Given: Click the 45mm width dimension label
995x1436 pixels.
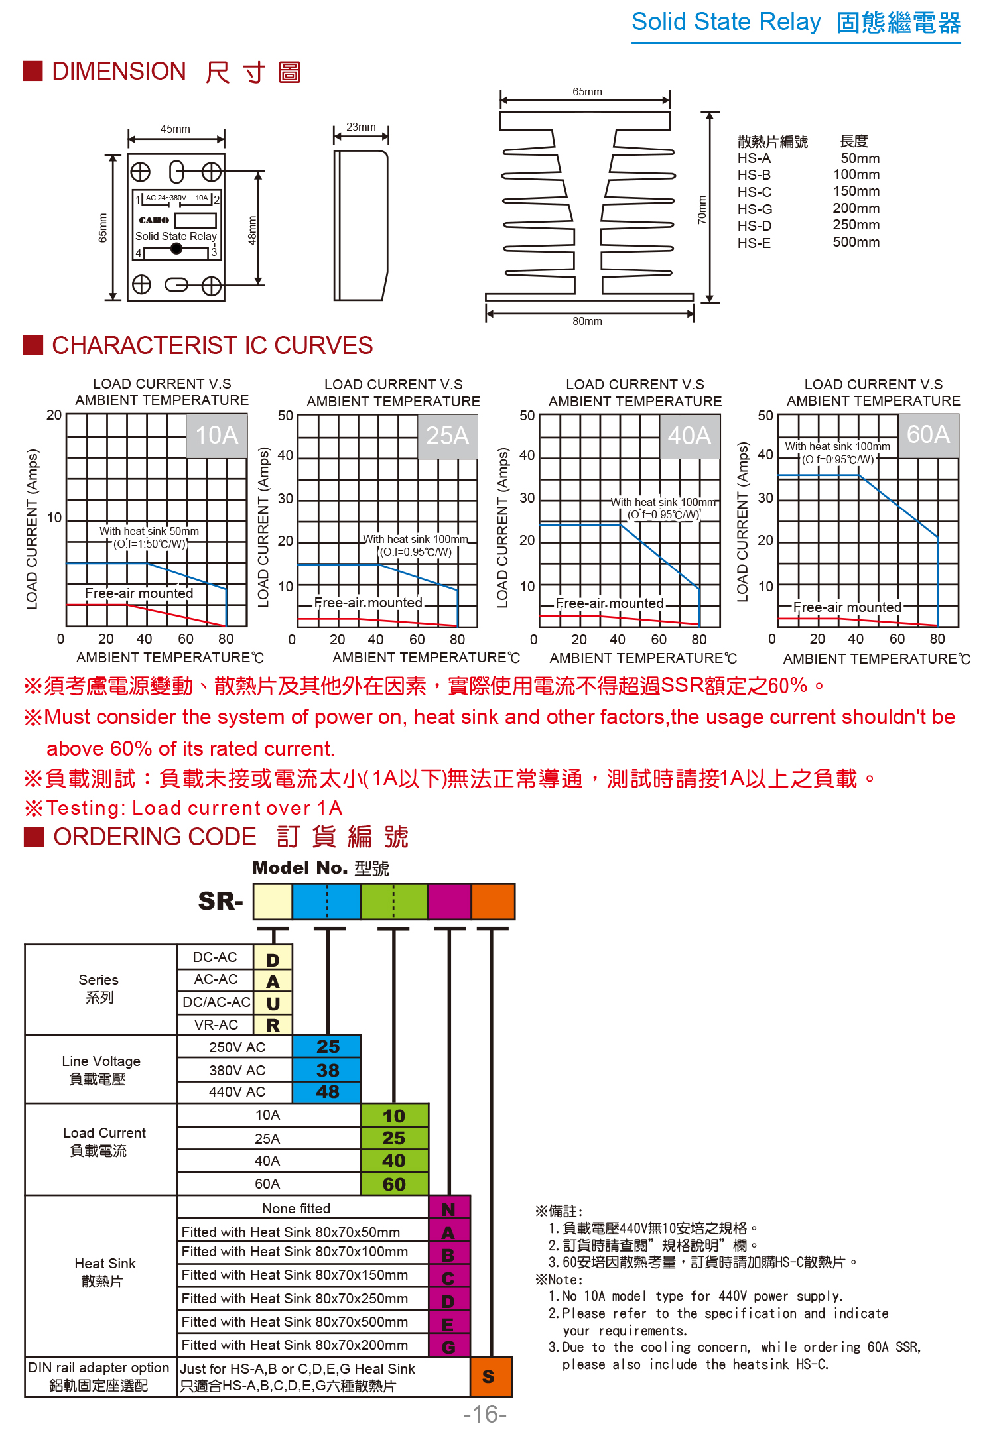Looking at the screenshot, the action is coord(175,129).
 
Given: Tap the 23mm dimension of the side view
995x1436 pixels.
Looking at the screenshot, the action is coord(361,127).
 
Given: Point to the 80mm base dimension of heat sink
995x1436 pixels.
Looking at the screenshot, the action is coord(588,321).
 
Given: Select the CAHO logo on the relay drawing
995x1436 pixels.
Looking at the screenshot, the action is coord(154,220).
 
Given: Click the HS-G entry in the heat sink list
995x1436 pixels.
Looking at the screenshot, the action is coord(755,209).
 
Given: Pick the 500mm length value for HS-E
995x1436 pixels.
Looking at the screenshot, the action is coord(856,242).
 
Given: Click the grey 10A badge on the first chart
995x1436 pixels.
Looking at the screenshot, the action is coord(217,436).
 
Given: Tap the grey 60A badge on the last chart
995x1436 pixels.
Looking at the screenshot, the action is coord(929,435).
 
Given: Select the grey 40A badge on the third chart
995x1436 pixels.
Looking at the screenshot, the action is coord(690,436).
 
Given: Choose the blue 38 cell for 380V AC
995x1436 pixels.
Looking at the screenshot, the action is coord(328,1070).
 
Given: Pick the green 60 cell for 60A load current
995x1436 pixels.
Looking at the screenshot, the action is coord(394,1184).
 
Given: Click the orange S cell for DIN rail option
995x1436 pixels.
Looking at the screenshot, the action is coord(489,1377).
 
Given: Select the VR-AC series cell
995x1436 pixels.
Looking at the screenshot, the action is coord(216,1025).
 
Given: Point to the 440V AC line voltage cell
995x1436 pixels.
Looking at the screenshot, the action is coord(237,1092).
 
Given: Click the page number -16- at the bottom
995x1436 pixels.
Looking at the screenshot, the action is coord(485,1414).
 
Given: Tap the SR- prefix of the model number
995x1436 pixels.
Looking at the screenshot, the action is coord(221,902).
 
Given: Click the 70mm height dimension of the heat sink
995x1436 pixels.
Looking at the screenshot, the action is coord(702,209).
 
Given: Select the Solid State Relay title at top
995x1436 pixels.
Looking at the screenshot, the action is coord(726,22).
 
